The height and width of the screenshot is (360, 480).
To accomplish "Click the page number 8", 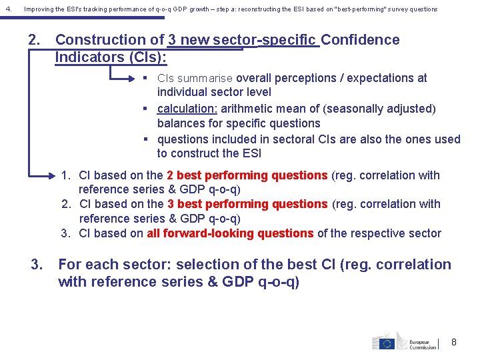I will click(x=454, y=342).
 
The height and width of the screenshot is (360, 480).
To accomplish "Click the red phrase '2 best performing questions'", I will click(x=247, y=175).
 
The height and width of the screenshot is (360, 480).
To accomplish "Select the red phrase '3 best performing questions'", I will click(x=247, y=204).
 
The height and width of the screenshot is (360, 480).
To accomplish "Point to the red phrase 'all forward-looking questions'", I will click(x=230, y=233).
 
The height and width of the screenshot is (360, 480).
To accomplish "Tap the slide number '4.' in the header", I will click(x=7, y=9).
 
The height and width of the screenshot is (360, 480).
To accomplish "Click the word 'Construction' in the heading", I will click(x=109, y=40).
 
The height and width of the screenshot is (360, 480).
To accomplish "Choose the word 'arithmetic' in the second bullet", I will click(x=249, y=109).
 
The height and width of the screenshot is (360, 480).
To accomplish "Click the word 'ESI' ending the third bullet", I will click(x=250, y=153).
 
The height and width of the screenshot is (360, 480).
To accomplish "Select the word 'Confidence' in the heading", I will click(x=360, y=40).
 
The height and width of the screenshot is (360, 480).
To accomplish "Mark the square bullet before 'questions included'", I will click(x=145, y=139).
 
